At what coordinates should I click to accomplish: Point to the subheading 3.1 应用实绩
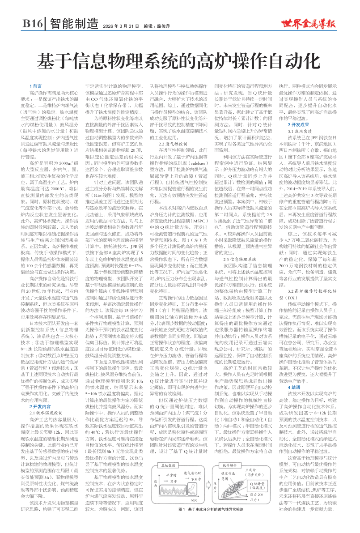299,132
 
